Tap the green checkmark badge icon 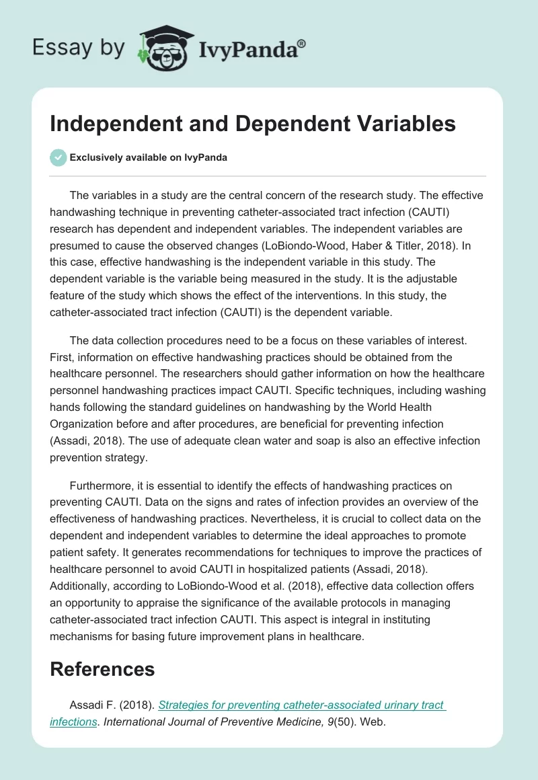[58, 157]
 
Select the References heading [102, 669]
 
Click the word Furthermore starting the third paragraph [101, 485]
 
